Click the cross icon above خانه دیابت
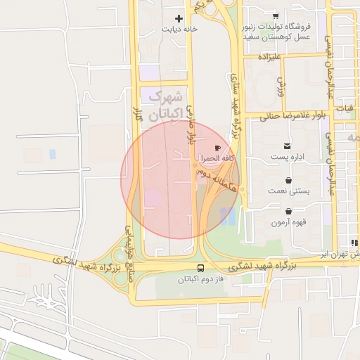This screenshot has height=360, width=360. (x=179, y=19)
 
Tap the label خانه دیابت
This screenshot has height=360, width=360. (x=179, y=30)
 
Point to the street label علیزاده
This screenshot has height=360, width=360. (x=269, y=56)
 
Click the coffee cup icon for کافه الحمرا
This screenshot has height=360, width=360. (x=217, y=148)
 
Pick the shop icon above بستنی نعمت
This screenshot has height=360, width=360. (x=289, y=179)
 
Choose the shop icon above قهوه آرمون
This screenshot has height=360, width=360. (x=289, y=210)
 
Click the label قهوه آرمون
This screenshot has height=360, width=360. (x=288, y=222)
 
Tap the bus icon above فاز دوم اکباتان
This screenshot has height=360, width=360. (x=201, y=268)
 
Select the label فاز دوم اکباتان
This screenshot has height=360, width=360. (x=201, y=279)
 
